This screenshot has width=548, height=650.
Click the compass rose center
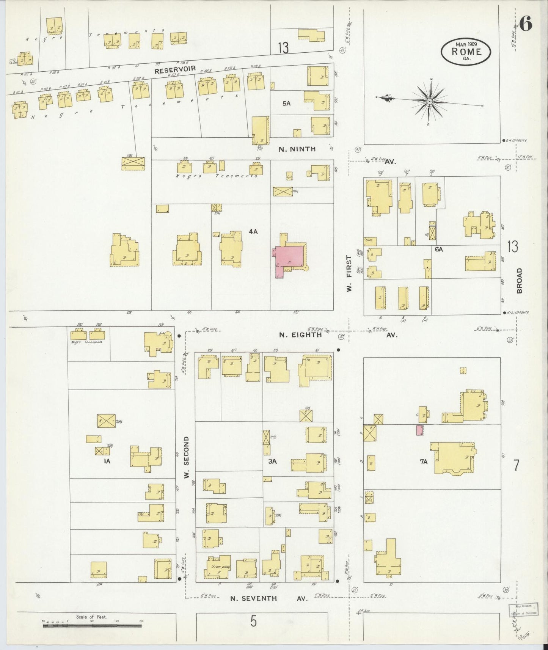pos(429,101)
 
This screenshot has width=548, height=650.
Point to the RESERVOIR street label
pos(175,70)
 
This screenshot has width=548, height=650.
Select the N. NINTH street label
pos(297,149)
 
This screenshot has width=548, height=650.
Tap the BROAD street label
pos(519,281)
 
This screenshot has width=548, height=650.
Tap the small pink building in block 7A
pos(419,430)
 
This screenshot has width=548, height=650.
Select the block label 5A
pos(286,103)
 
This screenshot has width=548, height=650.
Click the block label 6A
pos(439,249)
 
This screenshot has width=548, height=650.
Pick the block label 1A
pos(107,461)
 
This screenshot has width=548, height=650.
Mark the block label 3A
pos(272,461)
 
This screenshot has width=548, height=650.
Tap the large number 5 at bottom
pos(253,622)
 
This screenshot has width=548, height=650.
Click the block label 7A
pos(424,461)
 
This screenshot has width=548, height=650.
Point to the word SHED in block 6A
pos(368,240)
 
